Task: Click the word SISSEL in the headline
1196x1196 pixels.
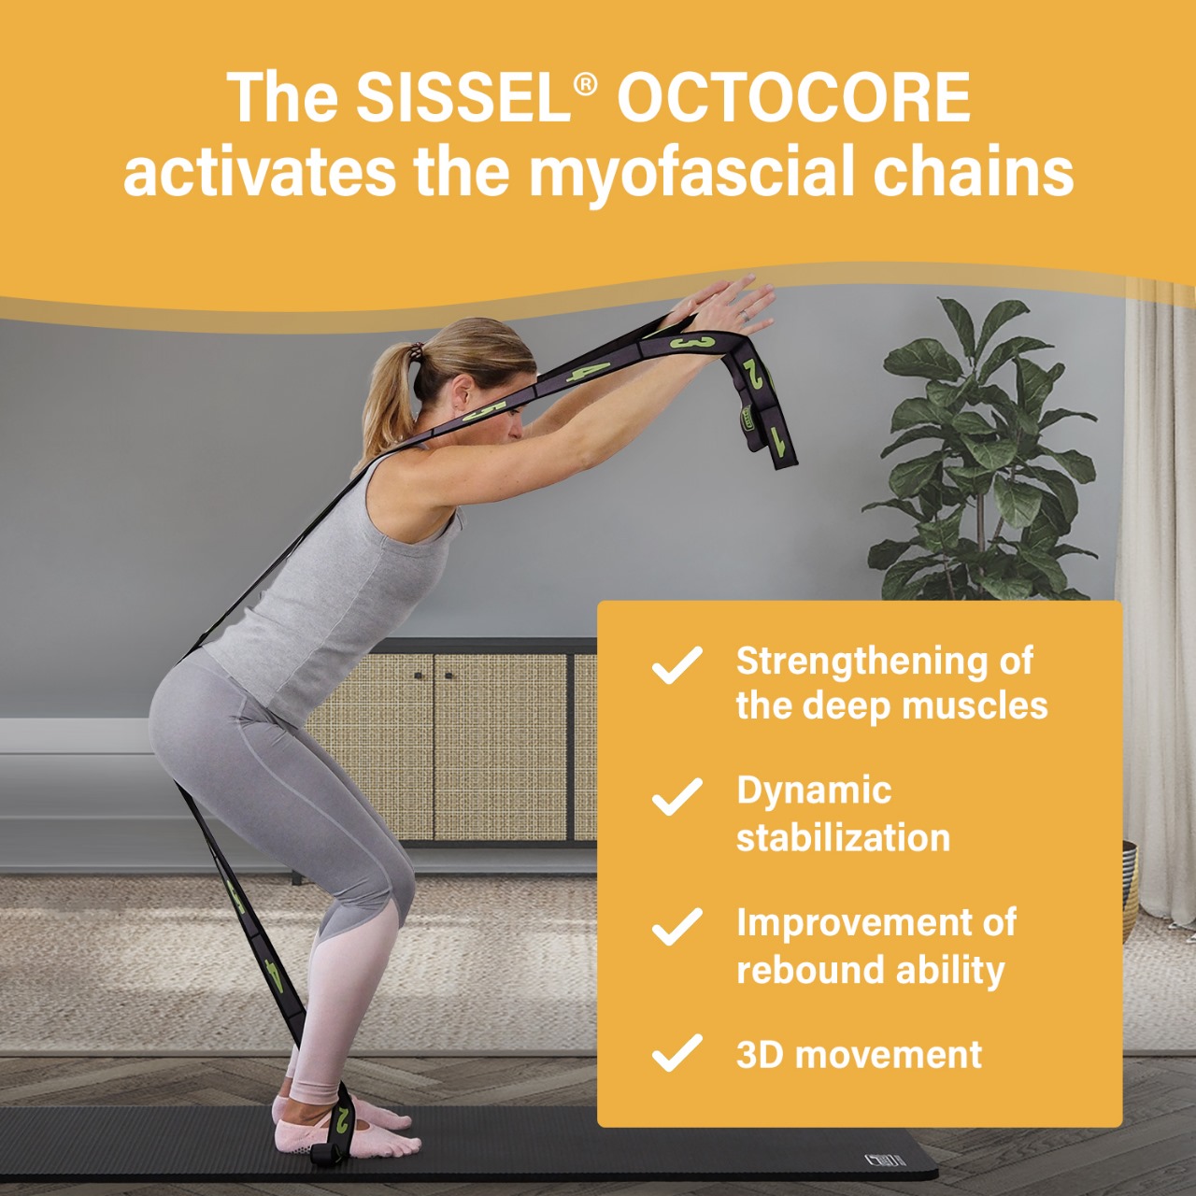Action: pyautogui.click(x=463, y=97)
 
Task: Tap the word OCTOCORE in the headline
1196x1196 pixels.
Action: pyautogui.click(x=794, y=97)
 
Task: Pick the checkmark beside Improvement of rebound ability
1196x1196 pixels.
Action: pyautogui.click(x=677, y=927)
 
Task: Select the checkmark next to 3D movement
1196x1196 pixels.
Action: pyautogui.click(x=677, y=1054)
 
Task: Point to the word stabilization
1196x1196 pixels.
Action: pyautogui.click(x=843, y=838)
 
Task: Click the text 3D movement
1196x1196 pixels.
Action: pyautogui.click(x=859, y=1054)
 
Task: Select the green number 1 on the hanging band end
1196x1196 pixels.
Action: pyautogui.click(x=777, y=441)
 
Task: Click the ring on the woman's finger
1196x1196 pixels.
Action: pyautogui.click(x=747, y=315)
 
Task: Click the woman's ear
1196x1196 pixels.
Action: pyautogui.click(x=462, y=392)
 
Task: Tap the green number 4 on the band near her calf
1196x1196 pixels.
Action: pyautogui.click(x=274, y=975)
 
